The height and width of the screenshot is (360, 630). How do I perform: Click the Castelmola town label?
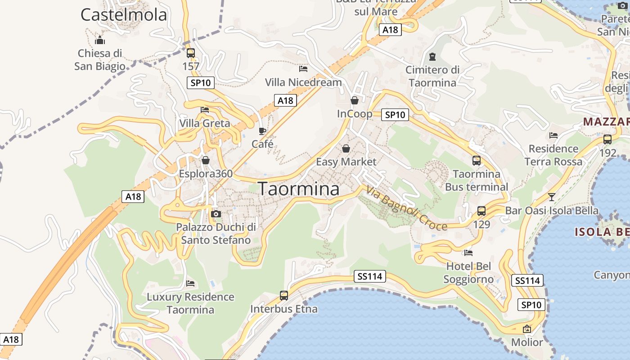pyautogui.click(x=124, y=15)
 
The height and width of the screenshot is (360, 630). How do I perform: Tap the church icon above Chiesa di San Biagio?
pyautogui.click(x=100, y=40)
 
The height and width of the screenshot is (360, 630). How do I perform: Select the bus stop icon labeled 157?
pyautogui.click(x=190, y=53)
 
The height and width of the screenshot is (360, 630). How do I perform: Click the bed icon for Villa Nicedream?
pyautogui.click(x=303, y=69)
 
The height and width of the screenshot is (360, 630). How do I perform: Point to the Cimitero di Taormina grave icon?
pyautogui.click(x=432, y=56)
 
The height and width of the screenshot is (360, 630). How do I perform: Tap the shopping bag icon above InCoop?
pyautogui.click(x=355, y=100)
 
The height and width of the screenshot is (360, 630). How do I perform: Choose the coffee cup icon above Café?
pyautogui.click(x=262, y=131)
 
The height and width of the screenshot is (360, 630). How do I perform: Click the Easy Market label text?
pyautogui.click(x=346, y=162)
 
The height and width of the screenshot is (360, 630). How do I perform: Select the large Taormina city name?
pyautogui.click(x=299, y=189)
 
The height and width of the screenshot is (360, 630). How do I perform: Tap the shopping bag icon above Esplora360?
pyautogui.click(x=206, y=160)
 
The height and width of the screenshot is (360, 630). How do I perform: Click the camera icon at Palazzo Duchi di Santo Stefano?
pyautogui.click(x=216, y=214)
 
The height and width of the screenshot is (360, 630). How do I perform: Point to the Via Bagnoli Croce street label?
pyautogui.click(x=406, y=208)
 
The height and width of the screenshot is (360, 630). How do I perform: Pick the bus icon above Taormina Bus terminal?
pyautogui.click(x=476, y=160)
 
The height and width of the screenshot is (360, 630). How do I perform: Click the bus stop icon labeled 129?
pyautogui.click(x=481, y=211)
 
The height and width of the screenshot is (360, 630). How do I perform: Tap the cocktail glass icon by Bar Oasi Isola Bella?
pyautogui.click(x=551, y=197)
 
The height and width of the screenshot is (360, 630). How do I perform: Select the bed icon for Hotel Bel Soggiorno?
pyautogui.click(x=468, y=253)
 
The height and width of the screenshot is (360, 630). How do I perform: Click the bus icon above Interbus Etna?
pyautogui.click(x=283, y=296)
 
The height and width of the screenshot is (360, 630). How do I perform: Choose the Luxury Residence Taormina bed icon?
pyautogui.click(x=190, y=283)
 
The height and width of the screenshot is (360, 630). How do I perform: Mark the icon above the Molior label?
pyautogui.click(x=527, y=329)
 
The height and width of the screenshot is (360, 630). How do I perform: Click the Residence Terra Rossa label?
pyautogui.click(x=553, y=155)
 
